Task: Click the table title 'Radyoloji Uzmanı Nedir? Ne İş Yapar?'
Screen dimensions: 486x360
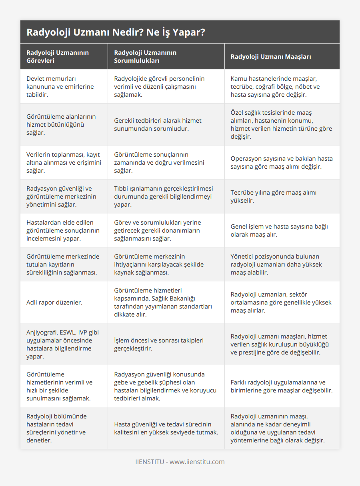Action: pyautogui.click(x=116, y=32)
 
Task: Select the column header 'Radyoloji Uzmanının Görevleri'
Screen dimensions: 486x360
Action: pyautogui.click(x=58, y=57)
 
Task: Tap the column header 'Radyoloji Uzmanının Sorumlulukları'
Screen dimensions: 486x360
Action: pyautogui.click(x=145, y=57)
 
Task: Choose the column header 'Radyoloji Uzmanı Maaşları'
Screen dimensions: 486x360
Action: pyautogui.click(x=271, y=57)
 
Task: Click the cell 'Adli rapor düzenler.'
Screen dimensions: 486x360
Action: pyautogui.click(x=54, y=303)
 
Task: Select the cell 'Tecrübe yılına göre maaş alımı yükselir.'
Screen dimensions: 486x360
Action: pyautogui.click(x=274, y=197)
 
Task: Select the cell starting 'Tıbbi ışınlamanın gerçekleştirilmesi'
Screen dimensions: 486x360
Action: pyautogui.click(x=164, y=197)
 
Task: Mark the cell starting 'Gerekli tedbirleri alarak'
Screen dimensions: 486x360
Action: pyautogui.click(x=158, y=125)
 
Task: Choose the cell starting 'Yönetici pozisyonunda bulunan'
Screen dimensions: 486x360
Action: pyautogui.click(x=276, y=265)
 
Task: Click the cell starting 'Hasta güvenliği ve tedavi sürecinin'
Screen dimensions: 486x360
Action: pyautogui.click(x=166, y=428)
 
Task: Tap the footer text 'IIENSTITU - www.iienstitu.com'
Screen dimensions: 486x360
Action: pyautogui.click(x=180, y=462)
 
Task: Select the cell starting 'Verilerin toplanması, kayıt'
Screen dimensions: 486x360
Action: pyautogui.click(x=63, y=163)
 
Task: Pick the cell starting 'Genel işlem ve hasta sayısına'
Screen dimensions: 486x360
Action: pyautogui.click(x=279, y=231)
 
